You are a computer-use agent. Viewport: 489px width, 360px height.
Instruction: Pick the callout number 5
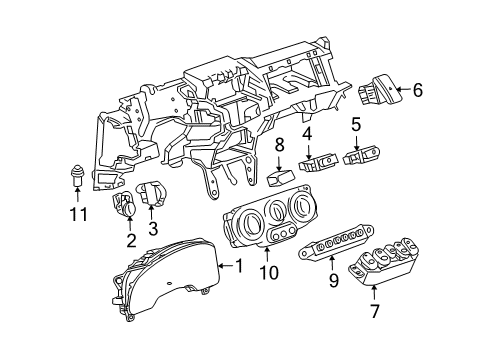pyautogui.click(x=355, y=126)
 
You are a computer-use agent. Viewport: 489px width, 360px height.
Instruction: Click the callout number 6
pyautogui.click(x=417, y=90)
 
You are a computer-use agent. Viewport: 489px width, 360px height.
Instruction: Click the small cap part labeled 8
pyautogui.click(x=280, y=179)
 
